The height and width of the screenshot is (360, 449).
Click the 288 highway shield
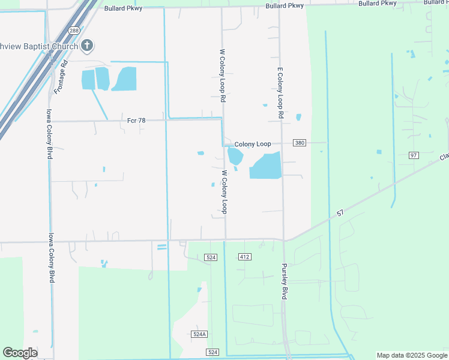click(x=74, y=30)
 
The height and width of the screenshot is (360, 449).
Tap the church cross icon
click(x=88, y=46)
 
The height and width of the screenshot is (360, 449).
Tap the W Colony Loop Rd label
click(x=222, y=75)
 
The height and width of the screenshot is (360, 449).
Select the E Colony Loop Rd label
click(x=280, y=92)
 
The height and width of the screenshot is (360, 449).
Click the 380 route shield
click(x=300, y=143)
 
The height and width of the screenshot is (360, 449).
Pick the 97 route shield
click(x=413, y=155)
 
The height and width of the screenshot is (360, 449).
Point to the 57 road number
click(x=340, y=213)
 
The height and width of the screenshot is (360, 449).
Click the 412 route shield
click(x=244, y=257)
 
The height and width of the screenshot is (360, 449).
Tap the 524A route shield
click(x=200, y=334)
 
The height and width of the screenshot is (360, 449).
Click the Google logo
click(x=20, y=353)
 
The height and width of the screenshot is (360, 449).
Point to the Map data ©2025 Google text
click(x=411, y=355)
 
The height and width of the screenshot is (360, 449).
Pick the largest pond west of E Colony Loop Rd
click(x=265, y=166)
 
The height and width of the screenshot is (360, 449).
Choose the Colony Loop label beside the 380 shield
click(x=253, y=144)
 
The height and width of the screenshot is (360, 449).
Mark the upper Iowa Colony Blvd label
click(x=50, y=134)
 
